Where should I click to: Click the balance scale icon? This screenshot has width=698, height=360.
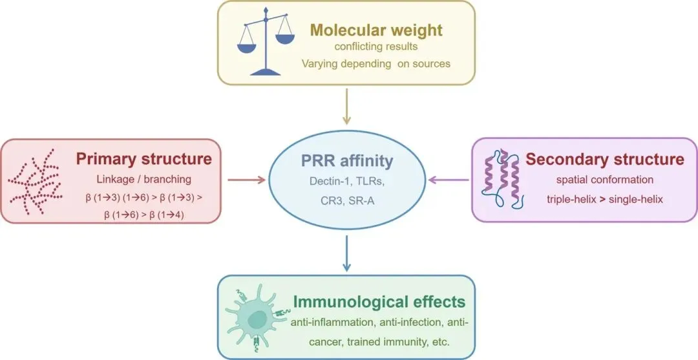point(266,42)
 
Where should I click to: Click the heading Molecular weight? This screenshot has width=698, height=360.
point(375,30)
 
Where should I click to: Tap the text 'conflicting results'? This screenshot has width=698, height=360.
point(376,47)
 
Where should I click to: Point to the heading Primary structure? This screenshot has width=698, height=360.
point(143,159)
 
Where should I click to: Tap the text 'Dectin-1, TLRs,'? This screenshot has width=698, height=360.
point(348,182)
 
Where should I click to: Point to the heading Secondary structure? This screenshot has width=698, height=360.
point(604,159)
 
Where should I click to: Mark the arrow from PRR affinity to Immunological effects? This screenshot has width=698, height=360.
point(347,253)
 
